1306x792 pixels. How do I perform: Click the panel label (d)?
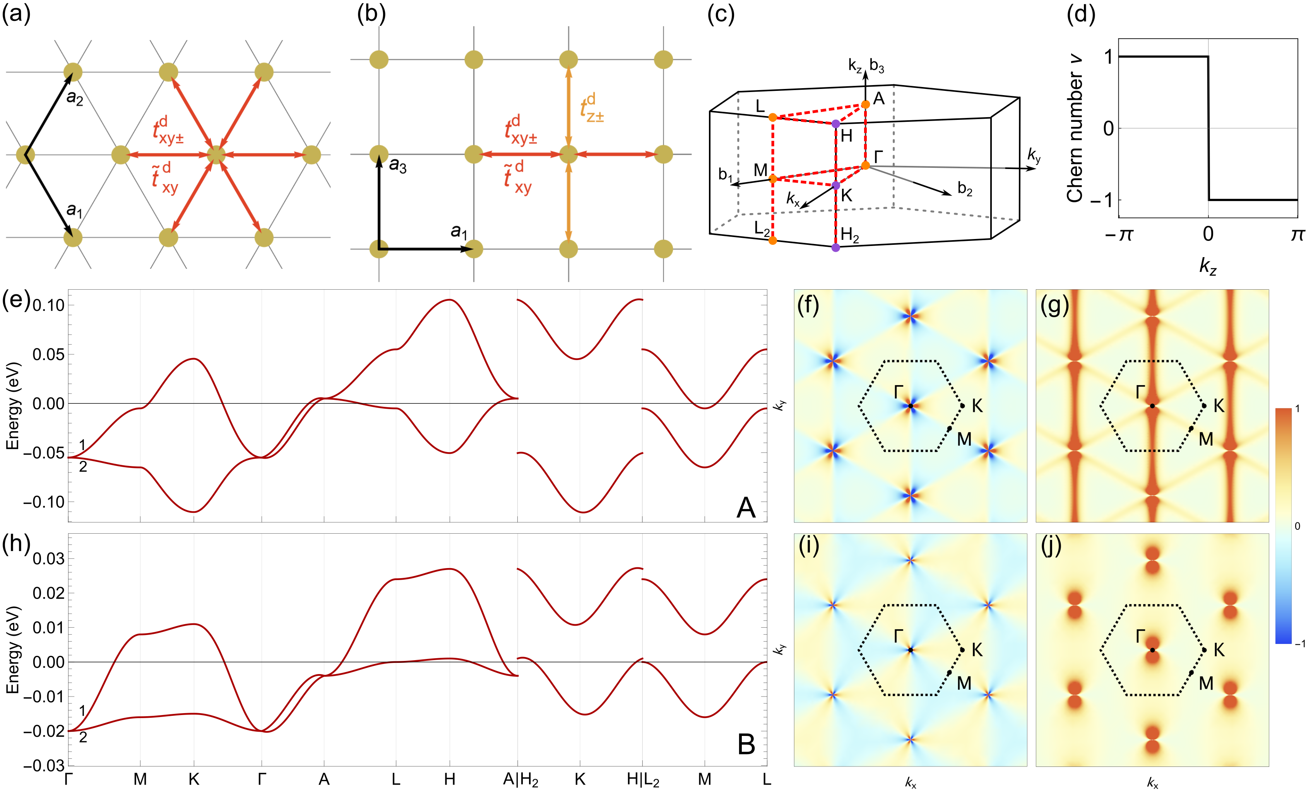[1080, 14]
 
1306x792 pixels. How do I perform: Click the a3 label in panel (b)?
[397, 166]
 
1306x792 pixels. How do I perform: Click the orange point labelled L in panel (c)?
[773, 117]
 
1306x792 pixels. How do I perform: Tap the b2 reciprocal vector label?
[965, 189]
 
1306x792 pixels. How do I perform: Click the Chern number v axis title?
[1075, 128]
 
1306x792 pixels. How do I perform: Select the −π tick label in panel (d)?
[1118, 234]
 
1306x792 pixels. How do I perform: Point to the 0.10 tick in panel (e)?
[49, 305]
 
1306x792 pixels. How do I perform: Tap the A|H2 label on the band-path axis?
[520, 780]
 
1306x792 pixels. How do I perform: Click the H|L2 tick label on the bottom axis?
[643, 780]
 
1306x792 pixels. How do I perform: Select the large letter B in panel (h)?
[746, 744]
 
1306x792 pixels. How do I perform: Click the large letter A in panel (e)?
[746, 507]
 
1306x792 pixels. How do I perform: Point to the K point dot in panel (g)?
[1204, 406]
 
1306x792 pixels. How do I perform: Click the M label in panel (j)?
[1206, 683]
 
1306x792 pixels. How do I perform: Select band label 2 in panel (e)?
[83, 467]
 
